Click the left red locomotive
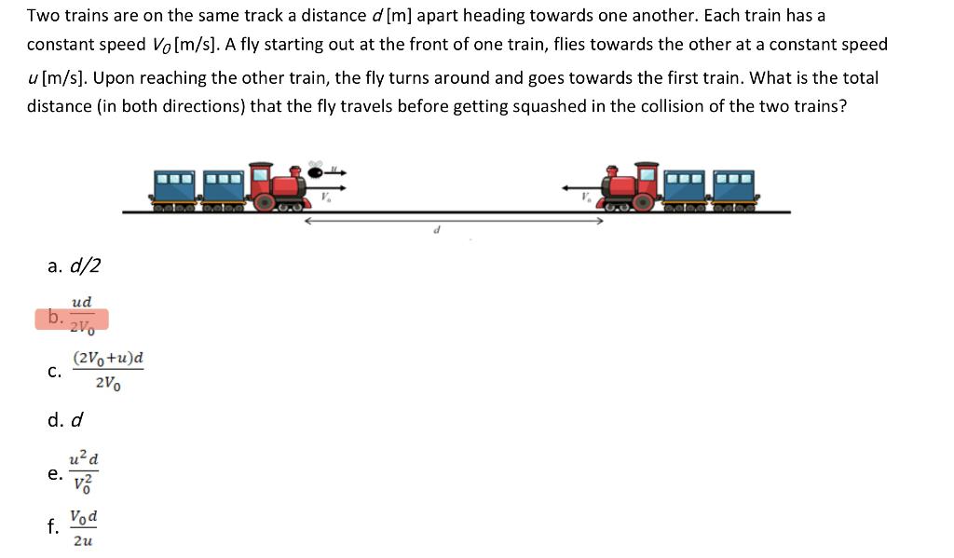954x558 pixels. coord(279,185)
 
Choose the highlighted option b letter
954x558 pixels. coord(55,318)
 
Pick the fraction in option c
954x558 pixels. coord(108,371)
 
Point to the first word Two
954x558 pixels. coord(43,16)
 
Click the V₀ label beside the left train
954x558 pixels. coord(327,196)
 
